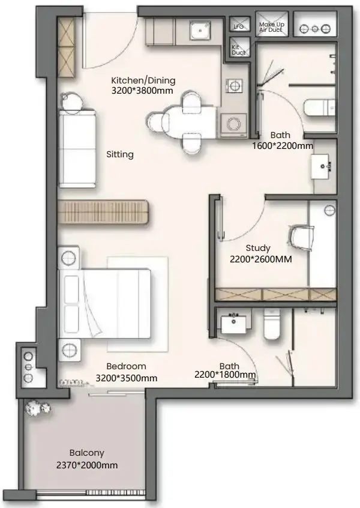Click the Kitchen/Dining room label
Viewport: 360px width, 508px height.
click(x=143, y=80)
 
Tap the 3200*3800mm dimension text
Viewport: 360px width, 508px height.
click(x=142, y=91)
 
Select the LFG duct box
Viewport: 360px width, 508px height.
click(x=239, y=24)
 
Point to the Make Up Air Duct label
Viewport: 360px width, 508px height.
click(x=271, y=27)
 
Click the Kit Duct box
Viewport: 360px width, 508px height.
click(x=239, y=47)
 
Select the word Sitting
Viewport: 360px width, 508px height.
click(x=120, y=154)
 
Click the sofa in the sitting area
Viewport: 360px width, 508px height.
click(x=77, y=148)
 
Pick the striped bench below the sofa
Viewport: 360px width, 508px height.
click(x=104, y=212)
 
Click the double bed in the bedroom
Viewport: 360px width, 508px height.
click(x=104, y=303)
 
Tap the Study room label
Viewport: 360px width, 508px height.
click(x=257, y=248)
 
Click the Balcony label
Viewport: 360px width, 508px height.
click(x=87, y=453)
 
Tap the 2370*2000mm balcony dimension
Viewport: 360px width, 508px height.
click(x=87, y=465)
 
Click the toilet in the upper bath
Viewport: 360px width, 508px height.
click(x=319, y=108)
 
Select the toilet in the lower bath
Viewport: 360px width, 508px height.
click(x=271, y=324)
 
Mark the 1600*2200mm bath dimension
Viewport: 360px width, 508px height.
click(x=283, y=146)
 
